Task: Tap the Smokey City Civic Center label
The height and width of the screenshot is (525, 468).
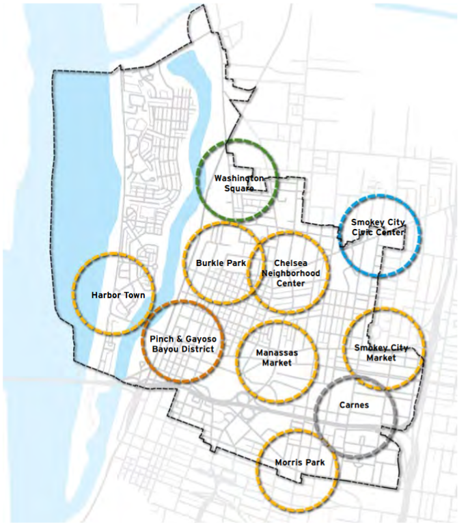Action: pos(377,227)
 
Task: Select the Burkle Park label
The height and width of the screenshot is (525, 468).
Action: pos(220,262)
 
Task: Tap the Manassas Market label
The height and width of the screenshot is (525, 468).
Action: pos(277,358)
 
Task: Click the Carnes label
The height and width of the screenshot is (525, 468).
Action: pos(353,405)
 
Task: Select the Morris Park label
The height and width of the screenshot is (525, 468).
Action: pos(299,463)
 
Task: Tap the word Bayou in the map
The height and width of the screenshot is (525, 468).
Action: pos(165,349)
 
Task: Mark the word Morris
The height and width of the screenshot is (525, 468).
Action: pos(288,463)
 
